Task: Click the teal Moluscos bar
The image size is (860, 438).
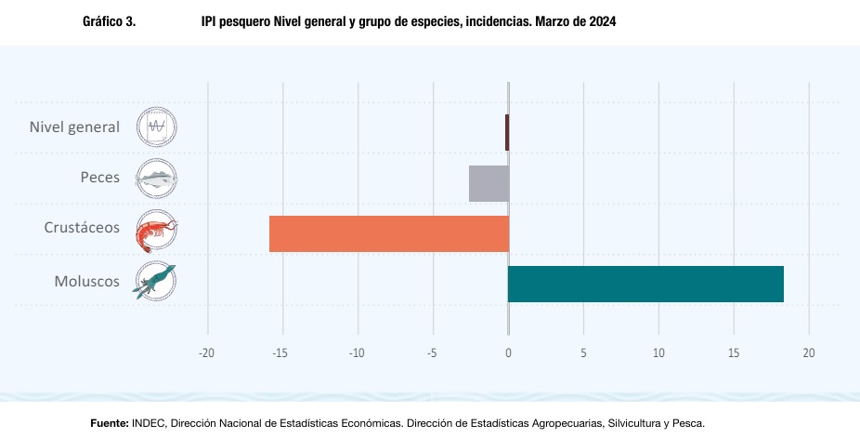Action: pyautogui.click(x=645, y=284)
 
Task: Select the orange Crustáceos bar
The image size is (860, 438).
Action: pyautogui.click(x=389, y=233)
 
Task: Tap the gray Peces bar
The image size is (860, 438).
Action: pyautogui.click(x=489, y=183)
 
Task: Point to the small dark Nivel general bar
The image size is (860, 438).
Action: pyautogui.click(x=507, y=132)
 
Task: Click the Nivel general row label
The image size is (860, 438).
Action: pyautogui.click(x=74, y=126)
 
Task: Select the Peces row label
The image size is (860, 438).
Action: pyautogui.click(x=99, y=177)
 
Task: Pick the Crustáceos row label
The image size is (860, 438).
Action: pyautogui.click(x=82, y=228)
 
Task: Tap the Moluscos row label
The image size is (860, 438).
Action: pyautogui.click(x=87, y=278)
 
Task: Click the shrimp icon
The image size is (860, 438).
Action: pyautogui.click(x=156, y=231)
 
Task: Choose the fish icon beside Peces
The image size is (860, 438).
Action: pyautogui.click(x=156, y=179)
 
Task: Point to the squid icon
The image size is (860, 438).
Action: pyautogui.click(x=156, y=281)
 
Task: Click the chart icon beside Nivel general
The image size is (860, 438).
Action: pyautogui.click(x=156, y=127)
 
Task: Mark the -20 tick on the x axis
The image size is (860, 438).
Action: pyautogui.click(x=207, y=353)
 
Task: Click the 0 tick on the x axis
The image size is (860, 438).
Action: pyautogui.click(x=508, y=353)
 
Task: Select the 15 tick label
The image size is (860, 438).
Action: pyautogui.click(x=734, y=353)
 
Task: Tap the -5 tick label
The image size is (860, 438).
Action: pyautogui.click(x=432, y=353)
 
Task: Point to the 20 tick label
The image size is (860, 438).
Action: pyautogui.click(x=809, y=353)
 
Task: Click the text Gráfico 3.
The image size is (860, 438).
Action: pyautogui.click(x=109, y=20)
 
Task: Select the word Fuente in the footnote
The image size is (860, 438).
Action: pyautogui.click(x=109, y=423)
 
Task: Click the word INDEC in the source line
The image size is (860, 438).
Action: pyautogui.click(x=149, y=423)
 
